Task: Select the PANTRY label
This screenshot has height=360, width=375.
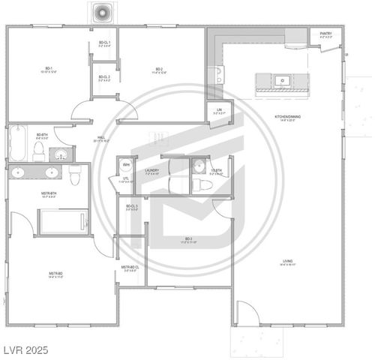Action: pos(325,34)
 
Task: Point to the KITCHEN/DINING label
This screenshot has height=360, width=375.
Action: pos(288,118)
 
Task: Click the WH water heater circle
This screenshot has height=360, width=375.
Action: pos(126,165)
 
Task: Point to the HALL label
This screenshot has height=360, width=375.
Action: pos(100,139)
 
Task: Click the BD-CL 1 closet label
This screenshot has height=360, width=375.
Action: pos(105,43)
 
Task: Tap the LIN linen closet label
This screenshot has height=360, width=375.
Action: pos(219,112)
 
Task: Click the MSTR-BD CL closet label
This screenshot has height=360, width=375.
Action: pos(130,268)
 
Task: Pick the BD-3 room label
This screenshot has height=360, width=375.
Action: pos(187,241)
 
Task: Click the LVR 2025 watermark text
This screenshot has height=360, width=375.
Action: pos(25,350)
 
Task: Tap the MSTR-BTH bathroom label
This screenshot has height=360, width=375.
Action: pos(45,195)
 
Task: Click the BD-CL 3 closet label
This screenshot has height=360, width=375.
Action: pos(131,207)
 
